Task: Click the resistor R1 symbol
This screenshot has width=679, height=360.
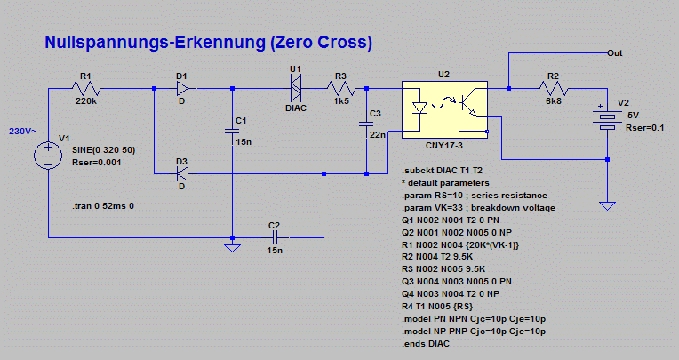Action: pos(87,88)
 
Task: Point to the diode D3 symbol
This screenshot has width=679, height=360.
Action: pos(183,173)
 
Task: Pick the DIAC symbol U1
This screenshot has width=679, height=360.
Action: pos(296,87)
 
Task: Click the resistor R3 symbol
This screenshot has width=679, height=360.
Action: pos(342,88)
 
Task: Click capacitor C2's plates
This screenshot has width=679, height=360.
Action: pos(275,238)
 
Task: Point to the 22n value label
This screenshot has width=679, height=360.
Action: pos(378,134)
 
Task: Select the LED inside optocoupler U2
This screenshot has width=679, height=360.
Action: pos(421,108)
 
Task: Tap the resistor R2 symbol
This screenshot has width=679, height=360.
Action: pos(553,88)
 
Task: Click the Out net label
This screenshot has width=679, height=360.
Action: pos(614,52)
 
